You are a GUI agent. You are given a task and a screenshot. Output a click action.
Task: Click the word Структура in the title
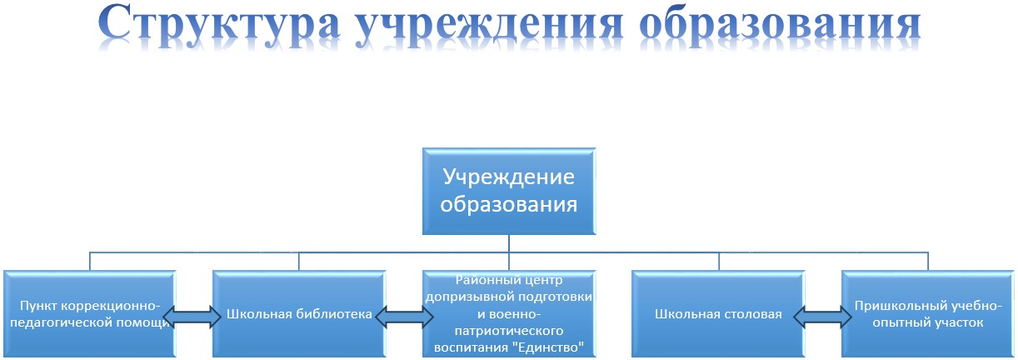(219, 25)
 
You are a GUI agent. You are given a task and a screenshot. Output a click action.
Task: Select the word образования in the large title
(781, 26)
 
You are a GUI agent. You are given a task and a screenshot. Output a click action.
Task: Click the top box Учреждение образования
(509, 191)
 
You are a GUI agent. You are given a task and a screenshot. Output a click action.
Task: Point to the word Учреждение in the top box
(508, 177)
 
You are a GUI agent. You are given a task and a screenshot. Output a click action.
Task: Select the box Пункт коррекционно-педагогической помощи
(89, 313)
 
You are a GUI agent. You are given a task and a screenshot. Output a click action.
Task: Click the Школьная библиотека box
(299, 313)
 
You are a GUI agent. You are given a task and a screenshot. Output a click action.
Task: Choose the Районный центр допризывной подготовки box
(509, 313)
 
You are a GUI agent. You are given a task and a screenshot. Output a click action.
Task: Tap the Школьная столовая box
(718, 313)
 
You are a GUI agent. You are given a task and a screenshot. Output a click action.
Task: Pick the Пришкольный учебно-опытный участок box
(928, 313)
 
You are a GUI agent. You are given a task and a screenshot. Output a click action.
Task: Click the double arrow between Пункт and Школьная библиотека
(192, 317)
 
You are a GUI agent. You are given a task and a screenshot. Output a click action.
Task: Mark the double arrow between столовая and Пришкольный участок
(823, 317)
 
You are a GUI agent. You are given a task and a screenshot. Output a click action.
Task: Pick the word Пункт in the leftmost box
(38, 306)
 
